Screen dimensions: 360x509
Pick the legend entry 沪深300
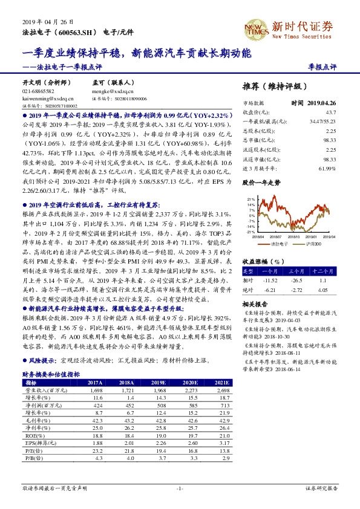pos(310,243)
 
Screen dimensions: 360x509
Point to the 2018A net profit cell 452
pos(126,406)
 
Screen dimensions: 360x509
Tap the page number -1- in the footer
pos(180,488)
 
